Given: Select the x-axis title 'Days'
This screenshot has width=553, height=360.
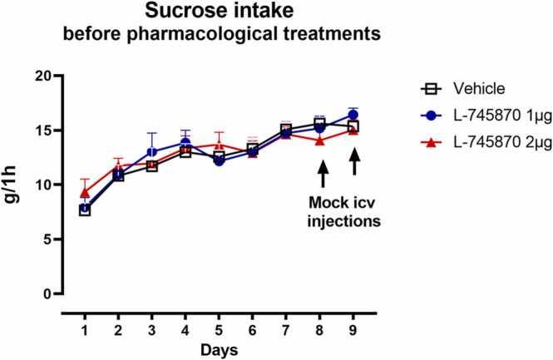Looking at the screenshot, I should pos(220,345).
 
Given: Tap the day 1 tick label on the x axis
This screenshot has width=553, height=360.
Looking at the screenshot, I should pos(85,323).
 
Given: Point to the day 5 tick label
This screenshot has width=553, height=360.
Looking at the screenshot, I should pos(219,323).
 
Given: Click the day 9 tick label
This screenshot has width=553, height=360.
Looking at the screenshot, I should pos(353,323).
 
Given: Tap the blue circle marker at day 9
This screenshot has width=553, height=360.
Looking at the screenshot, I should pos(353,115).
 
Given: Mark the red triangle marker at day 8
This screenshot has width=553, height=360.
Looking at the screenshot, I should pos(320,141).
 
